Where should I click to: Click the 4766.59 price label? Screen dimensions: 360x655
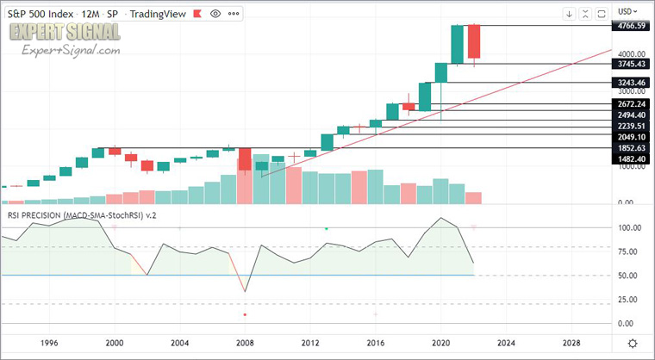pyautogui.click(x=631, y=27)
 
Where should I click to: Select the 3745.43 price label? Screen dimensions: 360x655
pyautogui.click(x=631, y=65)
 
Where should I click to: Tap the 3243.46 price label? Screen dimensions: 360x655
pyautogui.click(x=631, y=83)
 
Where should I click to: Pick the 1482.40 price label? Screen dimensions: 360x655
pyautogui.click(x=631, y=159)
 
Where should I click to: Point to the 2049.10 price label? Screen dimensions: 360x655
pyautogui.click(x=631, y=136)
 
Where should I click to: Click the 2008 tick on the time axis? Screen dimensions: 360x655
pyautogui.click(x=245, y=342)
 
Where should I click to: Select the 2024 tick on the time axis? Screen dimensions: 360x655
pyautogui.click(x=506, y=342)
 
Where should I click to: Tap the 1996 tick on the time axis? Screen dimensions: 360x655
pyautogui.click(x=49, y=342)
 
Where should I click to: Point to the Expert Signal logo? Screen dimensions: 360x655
pyautogui.click(x=65, y=32)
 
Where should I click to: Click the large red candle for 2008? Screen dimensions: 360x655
pyautogui.click(x=245, y=159)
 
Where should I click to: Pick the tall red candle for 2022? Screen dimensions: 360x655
pyautogui.click(x=474, y=42)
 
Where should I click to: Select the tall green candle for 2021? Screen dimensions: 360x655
pyautogui.click(x=458, y=45)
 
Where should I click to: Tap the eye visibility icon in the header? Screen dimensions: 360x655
pyautogui.click(x=215, y=13)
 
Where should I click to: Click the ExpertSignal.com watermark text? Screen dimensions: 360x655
pyautogui.click(x=71, y=52)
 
